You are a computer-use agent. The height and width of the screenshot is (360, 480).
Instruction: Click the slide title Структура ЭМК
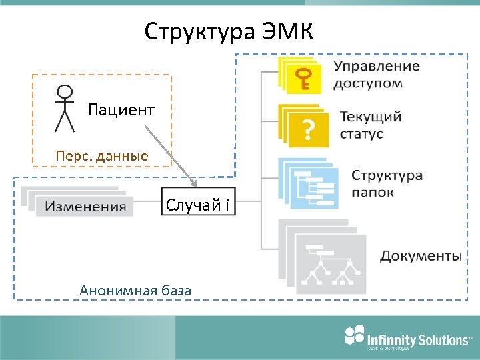[229, 31]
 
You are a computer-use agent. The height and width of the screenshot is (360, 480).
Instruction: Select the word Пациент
[121, 109]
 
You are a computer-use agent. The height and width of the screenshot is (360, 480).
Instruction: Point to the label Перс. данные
[101, 156]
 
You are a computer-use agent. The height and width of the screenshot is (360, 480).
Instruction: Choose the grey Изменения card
[85, 206]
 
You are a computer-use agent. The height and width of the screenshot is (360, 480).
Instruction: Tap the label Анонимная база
[135, 290]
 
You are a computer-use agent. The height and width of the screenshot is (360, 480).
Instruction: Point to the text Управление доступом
[377, 75]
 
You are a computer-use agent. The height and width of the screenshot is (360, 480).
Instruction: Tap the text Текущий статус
[371, 125]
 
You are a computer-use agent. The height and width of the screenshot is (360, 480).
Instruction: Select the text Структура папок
[387, 183]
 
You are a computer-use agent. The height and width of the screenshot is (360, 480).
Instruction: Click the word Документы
[421, 256]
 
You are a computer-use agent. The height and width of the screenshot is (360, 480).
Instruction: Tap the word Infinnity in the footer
[391, 340]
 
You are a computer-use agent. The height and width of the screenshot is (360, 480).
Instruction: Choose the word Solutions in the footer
[443, 340]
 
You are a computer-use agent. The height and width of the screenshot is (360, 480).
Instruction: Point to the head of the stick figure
[64, 92]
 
